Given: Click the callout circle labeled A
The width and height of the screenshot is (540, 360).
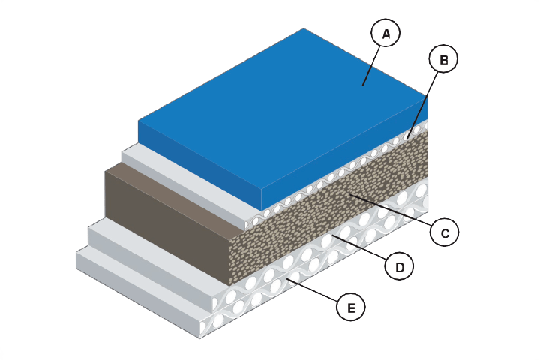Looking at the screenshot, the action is (385, 33).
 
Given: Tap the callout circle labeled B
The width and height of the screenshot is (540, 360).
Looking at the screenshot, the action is (443, 58).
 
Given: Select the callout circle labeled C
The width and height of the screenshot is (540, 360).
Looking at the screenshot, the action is (445, 232).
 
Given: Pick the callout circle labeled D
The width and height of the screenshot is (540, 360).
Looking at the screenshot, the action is (400, 266).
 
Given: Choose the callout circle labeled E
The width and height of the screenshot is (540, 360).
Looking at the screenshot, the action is (351, 307).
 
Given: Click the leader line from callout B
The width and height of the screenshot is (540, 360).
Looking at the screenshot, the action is (421, 105).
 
